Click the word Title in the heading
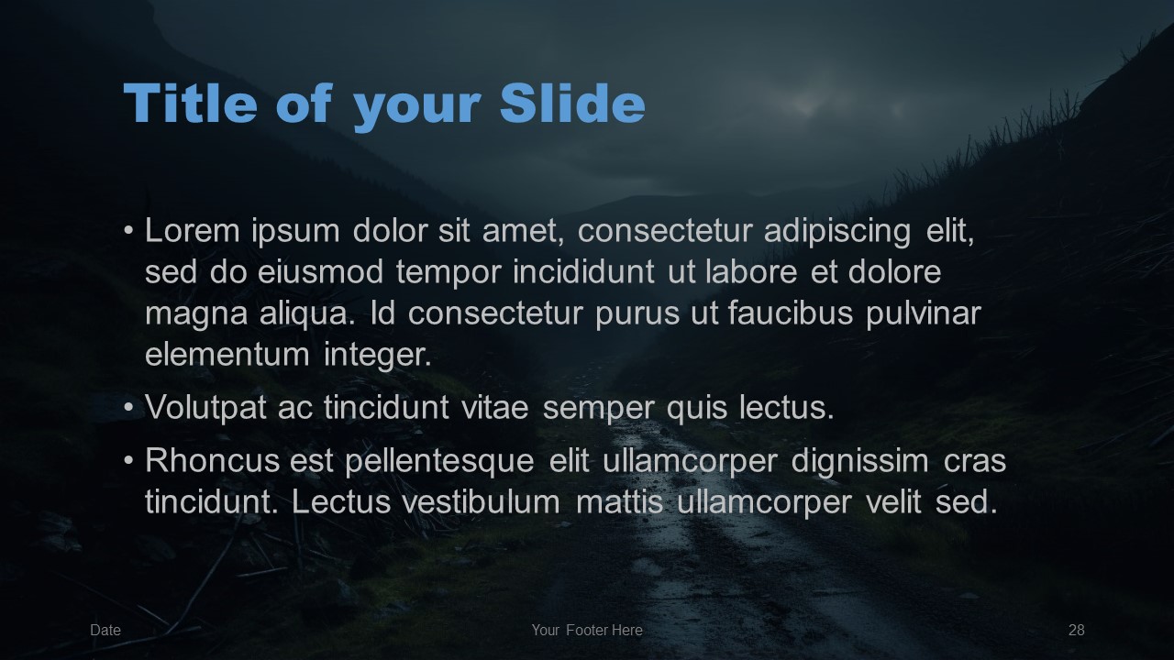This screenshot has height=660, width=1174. [x=190, y=104]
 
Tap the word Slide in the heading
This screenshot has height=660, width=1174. [x=572, y=104]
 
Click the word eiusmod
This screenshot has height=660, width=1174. [x=320, y=272]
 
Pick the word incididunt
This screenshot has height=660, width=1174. [x=584, y=272]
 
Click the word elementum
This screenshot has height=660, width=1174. [x=227, y=355]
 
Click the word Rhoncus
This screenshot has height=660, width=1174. [x=212, y=460]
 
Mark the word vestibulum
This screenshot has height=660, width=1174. [x=482, y=501]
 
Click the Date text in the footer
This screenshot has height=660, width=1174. [x=105, y=630]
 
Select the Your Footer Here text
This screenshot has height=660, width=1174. [x=587, y=630]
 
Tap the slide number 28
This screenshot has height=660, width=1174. [x=1077, y=630]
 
